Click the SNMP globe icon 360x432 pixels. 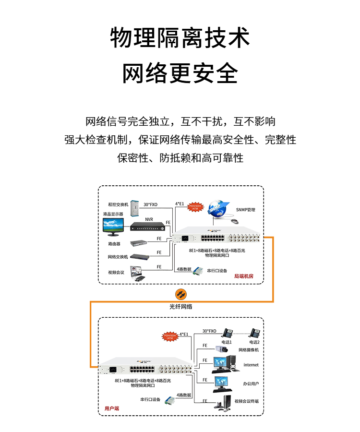pos(216,207)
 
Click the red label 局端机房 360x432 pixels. pos(243,276)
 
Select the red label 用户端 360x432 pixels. pos(112,408)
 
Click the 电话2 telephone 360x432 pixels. pos(255,333)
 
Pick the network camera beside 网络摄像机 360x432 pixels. pos(224,349)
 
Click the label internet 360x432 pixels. pos(251,365)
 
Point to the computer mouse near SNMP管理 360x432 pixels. pos(234,221)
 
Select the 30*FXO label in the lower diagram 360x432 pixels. pos(209,331)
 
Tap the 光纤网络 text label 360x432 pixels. pos(180,306)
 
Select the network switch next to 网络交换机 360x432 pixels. pos(140,257)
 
